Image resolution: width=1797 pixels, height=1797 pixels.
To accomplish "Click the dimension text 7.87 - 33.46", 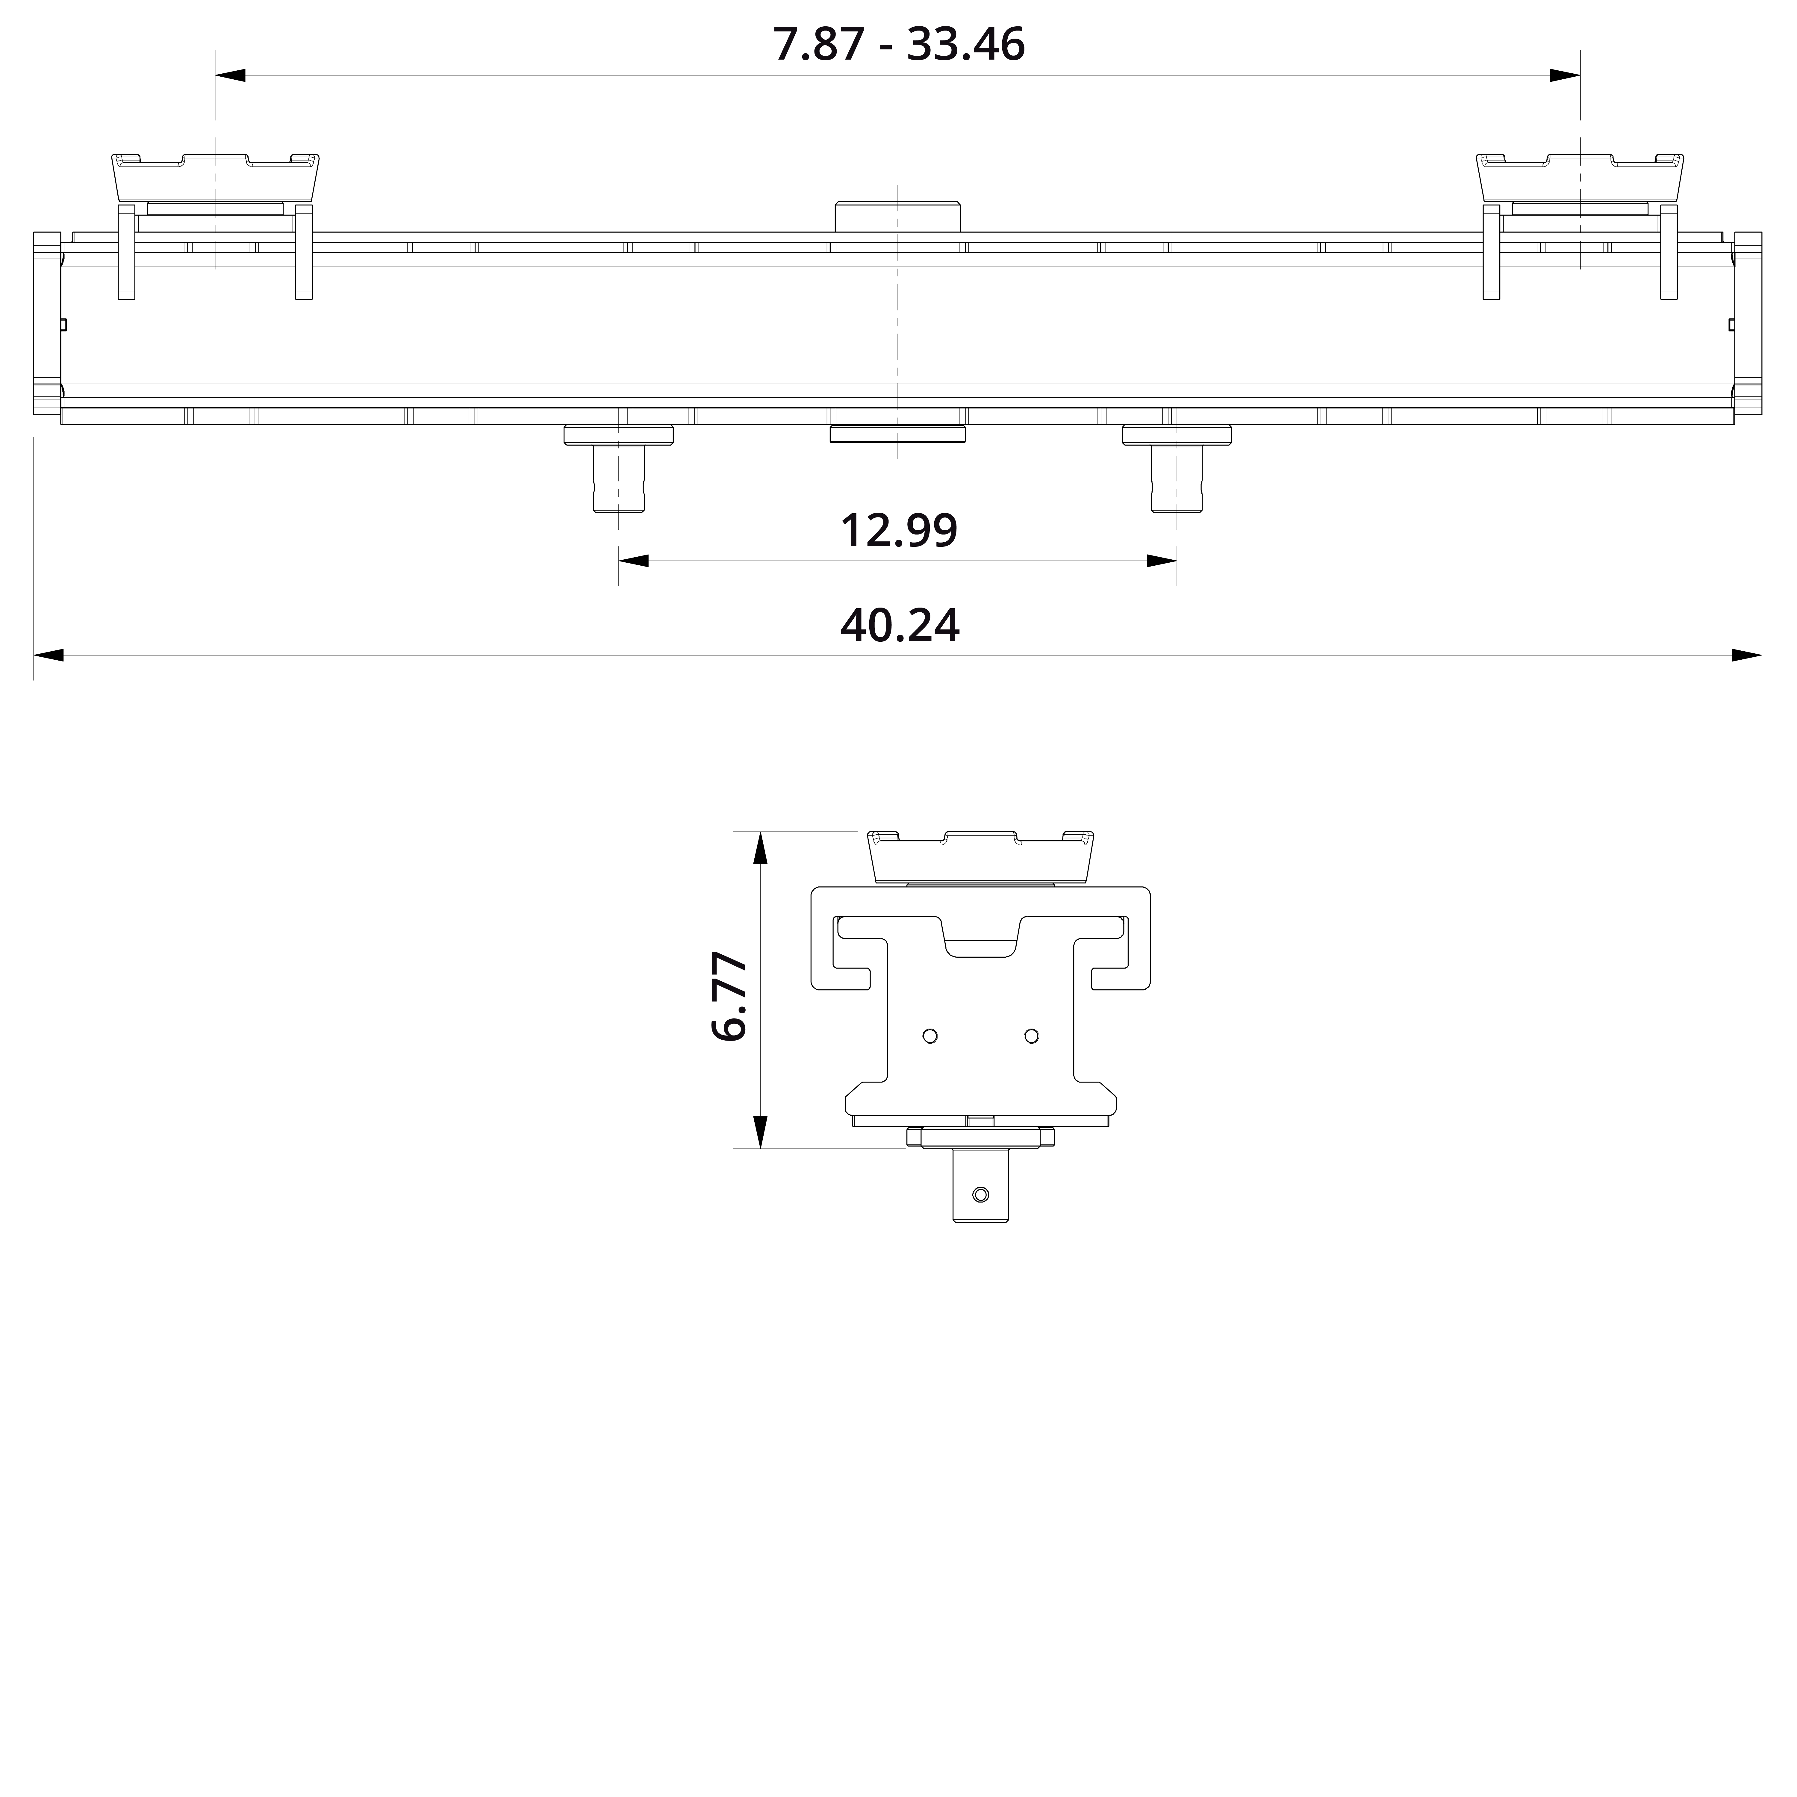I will [x=898, y=45].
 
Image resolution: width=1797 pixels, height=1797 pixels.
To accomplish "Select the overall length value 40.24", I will [x=898, y=626].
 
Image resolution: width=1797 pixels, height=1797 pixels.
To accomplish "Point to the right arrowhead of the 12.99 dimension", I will [x=1163, y=561].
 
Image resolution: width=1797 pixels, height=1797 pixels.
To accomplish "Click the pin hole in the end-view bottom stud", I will [x=980, y=1194].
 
